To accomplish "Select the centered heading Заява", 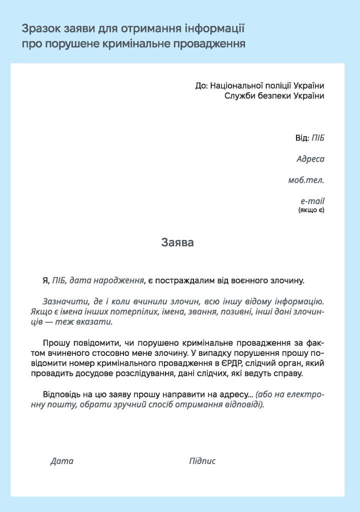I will pos(177,243).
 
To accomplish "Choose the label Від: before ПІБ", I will pos(302,138).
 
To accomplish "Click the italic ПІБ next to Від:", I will pos(318,138).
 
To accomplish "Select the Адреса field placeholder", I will pos(310,159).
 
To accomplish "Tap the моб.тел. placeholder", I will pos(306,180).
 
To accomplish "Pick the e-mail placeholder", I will pos(312,201).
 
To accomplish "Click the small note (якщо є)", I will pos(311,210).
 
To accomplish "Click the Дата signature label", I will pos(62,461).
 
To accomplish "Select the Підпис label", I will pos(202,461).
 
